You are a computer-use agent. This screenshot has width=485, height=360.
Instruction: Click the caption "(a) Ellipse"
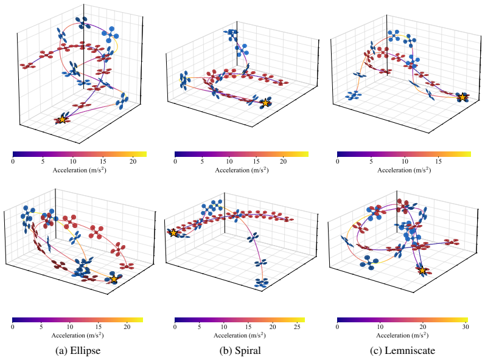point(78,350)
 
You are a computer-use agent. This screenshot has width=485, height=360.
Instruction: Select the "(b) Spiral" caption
point(240,350)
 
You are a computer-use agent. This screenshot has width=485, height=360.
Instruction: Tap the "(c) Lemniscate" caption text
point(402,350)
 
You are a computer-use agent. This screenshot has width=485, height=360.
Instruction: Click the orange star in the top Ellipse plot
point(62,119)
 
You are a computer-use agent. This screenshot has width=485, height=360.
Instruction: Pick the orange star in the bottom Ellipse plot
point(114,279)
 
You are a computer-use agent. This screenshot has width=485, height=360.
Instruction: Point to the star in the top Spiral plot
point(265,103)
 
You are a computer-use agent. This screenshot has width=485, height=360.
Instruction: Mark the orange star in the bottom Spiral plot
point(173,233)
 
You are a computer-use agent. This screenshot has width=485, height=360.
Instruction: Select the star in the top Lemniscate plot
point(462,97)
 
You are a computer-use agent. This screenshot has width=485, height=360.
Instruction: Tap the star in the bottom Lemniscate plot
point(422,271)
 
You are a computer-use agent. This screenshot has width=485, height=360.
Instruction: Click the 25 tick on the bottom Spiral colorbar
point(297,327)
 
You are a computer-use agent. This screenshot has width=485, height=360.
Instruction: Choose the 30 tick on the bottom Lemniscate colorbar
point(466,327)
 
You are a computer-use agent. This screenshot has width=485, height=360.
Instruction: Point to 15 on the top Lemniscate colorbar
point(439,161)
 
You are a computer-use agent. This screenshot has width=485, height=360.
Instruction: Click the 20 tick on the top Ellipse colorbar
point(133,161)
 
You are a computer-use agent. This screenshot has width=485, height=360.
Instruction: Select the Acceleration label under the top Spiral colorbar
point(242,170)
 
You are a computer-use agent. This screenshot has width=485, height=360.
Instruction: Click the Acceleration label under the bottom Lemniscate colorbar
point(402,335)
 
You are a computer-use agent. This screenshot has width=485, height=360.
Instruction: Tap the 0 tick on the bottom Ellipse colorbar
point(13,327)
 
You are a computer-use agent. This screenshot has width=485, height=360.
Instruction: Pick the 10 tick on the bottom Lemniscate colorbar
point(380,327)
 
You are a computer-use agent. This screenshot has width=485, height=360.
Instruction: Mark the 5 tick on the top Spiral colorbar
point(202,161)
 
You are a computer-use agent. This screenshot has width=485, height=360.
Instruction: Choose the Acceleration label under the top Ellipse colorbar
point(80,170)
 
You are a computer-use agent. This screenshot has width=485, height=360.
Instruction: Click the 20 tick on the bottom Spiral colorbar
point(273,327)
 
